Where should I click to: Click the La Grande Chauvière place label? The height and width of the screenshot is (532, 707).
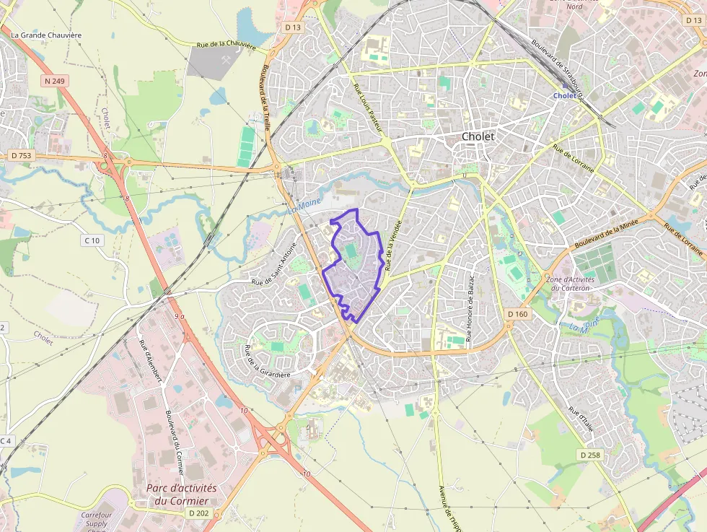pos(46,35)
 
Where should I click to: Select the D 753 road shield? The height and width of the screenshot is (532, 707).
pos(22,155)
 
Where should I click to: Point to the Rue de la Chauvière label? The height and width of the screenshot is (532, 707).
pos(227,45)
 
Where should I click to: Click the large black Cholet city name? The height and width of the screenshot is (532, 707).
pos(478,136)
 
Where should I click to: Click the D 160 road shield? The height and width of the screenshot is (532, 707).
pos(517,314)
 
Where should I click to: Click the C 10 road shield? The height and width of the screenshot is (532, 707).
pos(92,240)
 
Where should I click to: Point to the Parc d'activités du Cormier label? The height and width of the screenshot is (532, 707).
pos(181,494)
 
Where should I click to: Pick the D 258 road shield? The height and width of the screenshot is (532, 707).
pos(589,455)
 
